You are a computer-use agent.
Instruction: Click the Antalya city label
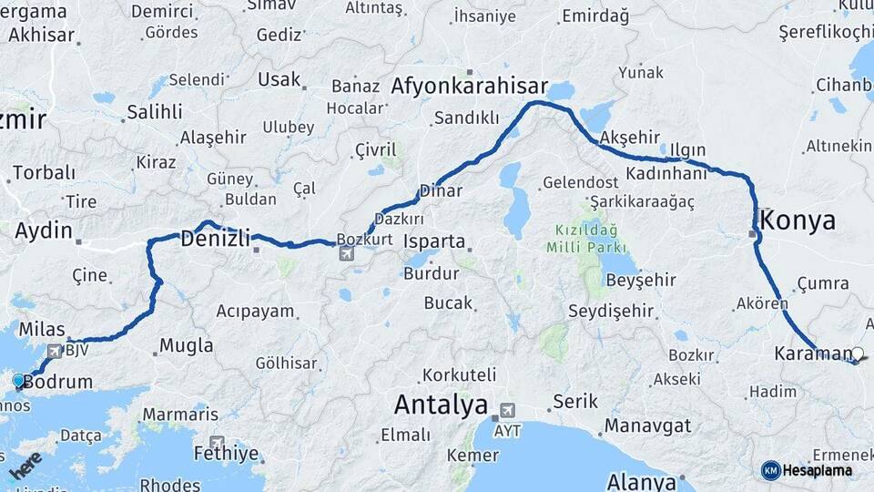[x=441, y=405]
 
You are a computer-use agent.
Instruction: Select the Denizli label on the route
[x=215, y=240]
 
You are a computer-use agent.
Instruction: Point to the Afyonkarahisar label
[x=469, y=87]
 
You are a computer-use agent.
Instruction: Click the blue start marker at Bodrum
[x=18, y=380]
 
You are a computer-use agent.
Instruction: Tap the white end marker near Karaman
[x=857, y=354]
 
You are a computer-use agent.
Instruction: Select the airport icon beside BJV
[x=54, y=350]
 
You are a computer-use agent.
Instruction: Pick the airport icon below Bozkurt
[x=346, y=253]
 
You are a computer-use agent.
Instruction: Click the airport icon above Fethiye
[x=217, y=442]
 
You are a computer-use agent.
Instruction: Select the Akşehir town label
[x=629, y=137]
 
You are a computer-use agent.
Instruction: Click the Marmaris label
[x=168, y=414]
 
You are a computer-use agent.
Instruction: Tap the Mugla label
[x=186, y=345]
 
